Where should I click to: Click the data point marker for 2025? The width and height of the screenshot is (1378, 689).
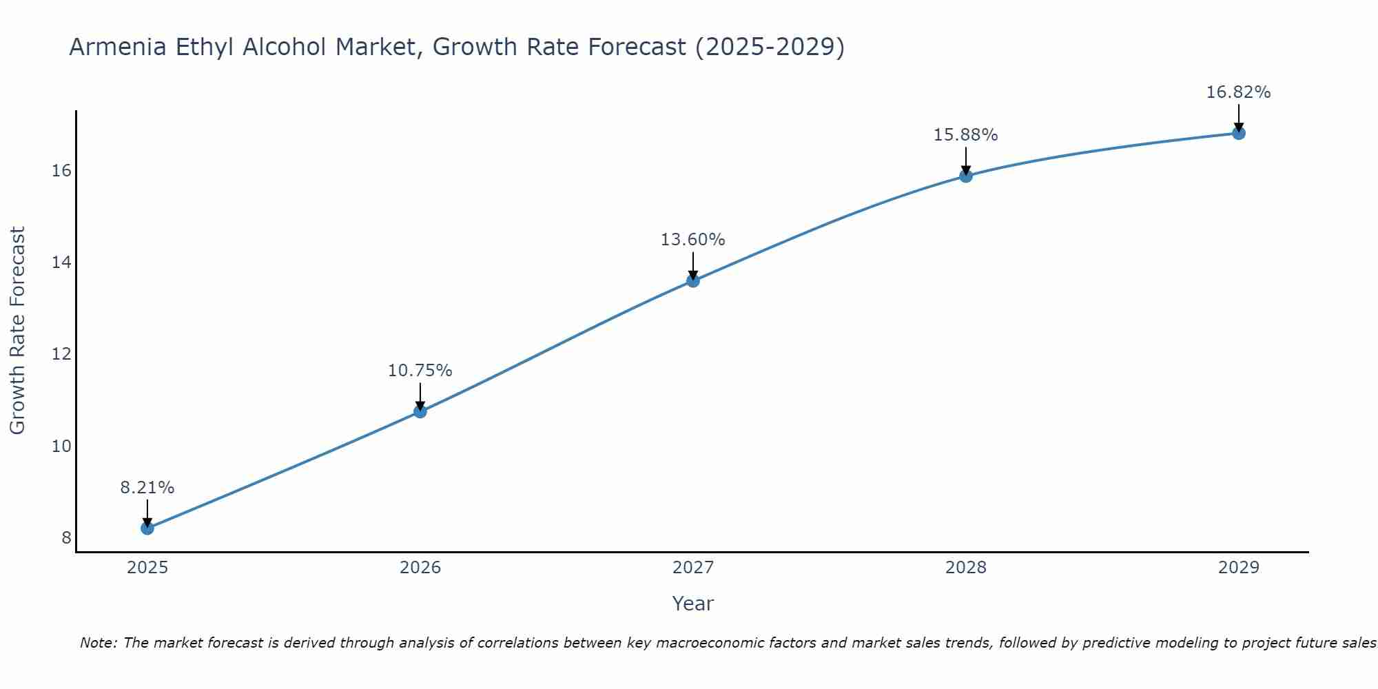coord(147,528)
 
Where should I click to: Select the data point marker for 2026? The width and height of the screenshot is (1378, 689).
coord(420,412)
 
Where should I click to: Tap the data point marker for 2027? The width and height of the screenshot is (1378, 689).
coord(693,280)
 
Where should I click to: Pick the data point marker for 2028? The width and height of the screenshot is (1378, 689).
coord(966,176)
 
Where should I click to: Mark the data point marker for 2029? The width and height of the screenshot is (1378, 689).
coord(1239,133)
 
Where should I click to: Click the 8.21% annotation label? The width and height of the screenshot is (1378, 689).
coord(147,488)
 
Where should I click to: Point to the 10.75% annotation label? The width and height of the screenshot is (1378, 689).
coord(420,371)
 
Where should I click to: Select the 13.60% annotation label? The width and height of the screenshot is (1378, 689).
coord(693,240)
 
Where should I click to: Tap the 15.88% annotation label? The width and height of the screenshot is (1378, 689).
coord(966,135)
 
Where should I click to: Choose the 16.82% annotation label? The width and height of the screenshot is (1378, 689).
coord(1239,92)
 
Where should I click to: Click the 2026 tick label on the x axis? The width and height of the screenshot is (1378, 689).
coord(420,568)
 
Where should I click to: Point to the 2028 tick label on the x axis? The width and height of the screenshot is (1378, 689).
coord(966,568)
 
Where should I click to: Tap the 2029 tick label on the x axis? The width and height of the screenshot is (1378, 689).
coord(1239,568)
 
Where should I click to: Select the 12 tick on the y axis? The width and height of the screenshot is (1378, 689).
coord(61,354)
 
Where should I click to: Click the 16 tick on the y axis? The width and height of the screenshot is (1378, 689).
coord(61,170)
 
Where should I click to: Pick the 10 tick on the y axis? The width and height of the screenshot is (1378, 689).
coord(61,446)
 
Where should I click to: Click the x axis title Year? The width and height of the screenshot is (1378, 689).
coord(693,604)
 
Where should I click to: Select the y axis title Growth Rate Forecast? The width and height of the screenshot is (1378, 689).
coord(18,331)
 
